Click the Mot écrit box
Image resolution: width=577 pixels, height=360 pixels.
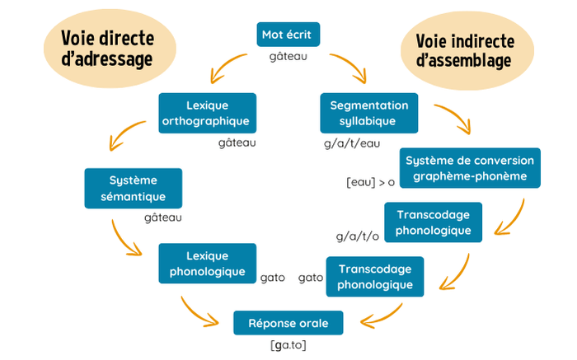287,35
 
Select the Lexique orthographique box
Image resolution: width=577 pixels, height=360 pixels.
207,113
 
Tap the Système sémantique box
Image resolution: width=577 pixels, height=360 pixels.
133,188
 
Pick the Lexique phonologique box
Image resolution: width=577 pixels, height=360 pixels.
207,263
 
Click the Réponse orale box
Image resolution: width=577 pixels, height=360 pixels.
288,323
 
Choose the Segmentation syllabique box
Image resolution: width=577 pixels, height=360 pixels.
368,113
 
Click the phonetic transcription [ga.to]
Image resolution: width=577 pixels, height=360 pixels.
288,345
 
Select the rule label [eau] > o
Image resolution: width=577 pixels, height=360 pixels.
370,181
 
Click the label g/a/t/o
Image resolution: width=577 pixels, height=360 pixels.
357,236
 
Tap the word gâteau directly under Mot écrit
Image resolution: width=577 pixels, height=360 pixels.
288,58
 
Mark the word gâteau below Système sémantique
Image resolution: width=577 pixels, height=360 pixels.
162,218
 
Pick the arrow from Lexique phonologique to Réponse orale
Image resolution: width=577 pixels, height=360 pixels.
202,311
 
